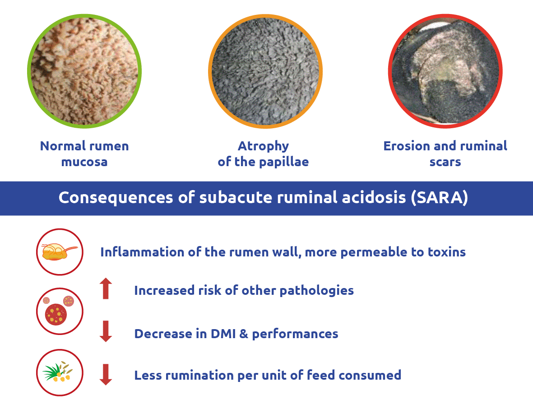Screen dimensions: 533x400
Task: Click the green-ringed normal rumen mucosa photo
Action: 84,71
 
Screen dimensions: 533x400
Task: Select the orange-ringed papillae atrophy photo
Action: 265,71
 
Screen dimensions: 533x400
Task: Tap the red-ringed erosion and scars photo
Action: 445,71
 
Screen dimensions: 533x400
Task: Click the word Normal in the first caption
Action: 63,146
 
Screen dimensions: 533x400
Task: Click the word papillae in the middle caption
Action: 283,162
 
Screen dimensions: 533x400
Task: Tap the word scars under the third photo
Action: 445,162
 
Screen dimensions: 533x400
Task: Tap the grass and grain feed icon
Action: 58,372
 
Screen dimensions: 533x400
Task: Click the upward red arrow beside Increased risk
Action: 106,288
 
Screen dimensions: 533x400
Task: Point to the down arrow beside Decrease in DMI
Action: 106,331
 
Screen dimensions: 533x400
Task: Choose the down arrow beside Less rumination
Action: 106,374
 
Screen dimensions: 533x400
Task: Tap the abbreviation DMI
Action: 223,334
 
